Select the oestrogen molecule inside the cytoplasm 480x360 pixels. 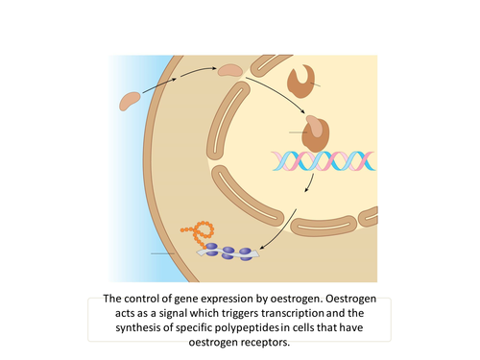[x=230, y=69]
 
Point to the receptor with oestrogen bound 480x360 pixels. [x=316, y=132]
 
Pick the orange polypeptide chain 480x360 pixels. [x=204, y=230]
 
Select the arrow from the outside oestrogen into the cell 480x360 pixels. [x=164, y=84]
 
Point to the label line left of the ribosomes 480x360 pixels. [x=174, y=253]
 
